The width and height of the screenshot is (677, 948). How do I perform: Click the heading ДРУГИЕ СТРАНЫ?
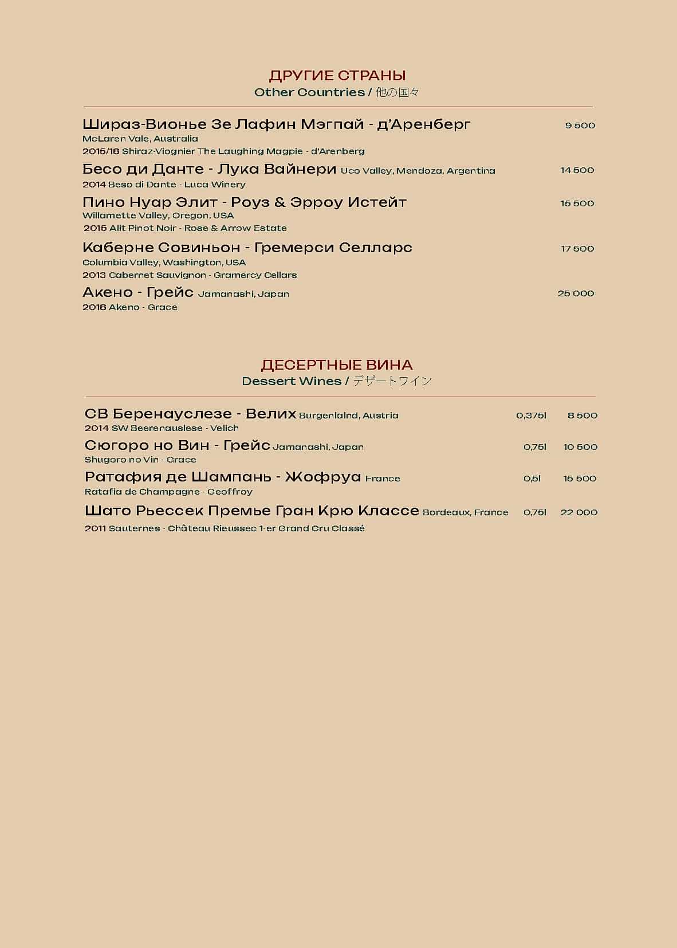[x=337, y=76]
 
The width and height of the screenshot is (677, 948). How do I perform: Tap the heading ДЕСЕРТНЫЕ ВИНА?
[x=337, y=365]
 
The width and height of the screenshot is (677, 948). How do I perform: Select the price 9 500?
[x=580, y=126]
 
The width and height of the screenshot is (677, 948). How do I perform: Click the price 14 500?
[x=577, y=170]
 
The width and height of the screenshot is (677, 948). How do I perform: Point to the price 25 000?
[x=576, y=293]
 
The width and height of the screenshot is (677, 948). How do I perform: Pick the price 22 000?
[x=578, y=512]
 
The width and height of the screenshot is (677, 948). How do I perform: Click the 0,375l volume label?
[x=531, y=416]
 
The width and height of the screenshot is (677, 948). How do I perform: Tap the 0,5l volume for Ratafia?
[x=532, y=479]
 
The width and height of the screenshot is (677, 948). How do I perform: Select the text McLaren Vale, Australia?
[x=140, y=139]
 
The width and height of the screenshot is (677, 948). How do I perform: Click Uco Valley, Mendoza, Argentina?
[x=418, y=171]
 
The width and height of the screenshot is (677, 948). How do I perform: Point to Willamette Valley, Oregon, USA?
[x=158, y=216]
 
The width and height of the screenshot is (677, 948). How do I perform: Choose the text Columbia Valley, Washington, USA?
[x=164, y=263]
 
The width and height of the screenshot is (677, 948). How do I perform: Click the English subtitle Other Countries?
[x=309, y=92]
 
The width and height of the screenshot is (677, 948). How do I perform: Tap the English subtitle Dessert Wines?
[x=292, y=381]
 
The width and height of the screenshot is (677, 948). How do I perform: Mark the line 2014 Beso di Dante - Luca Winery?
[x=164, y=185]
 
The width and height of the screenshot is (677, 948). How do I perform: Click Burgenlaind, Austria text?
[x=348, y=416]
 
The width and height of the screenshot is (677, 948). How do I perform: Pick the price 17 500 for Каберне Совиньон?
[x=577, y=249]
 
